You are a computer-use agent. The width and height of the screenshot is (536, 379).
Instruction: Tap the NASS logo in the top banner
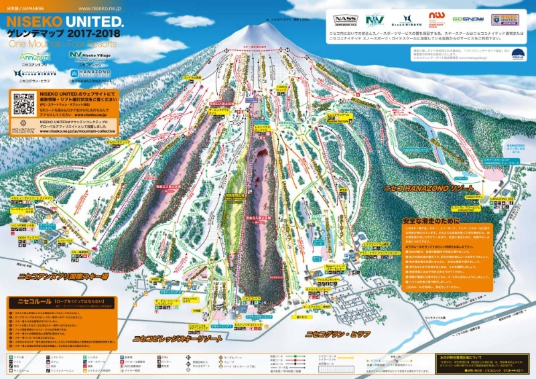tap(346, 19)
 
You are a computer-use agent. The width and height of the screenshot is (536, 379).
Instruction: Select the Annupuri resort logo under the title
tap(33, 58)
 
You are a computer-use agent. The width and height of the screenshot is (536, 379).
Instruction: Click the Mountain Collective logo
tap(22, 127)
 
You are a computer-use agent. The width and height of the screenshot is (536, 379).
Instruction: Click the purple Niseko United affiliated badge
tap(504, 19)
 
